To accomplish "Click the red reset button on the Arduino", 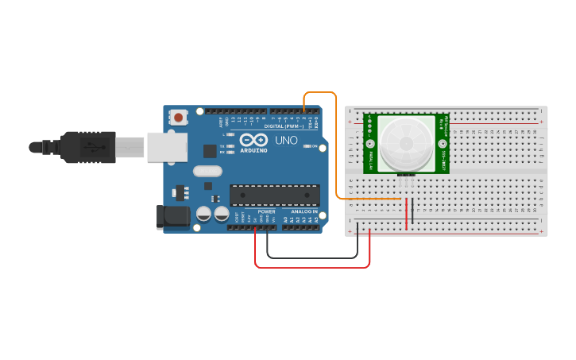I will [x=178, y=118].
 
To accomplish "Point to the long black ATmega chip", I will [x=275, y=195].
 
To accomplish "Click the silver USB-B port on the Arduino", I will [x=168, y=147].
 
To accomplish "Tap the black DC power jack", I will [x=173, y=216].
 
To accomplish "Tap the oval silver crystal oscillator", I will [x=207, y=171].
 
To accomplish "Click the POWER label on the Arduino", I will [x=266, y=211].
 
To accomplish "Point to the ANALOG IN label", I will [x=303, y=211].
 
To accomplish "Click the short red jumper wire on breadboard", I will [x=407, y=213].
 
